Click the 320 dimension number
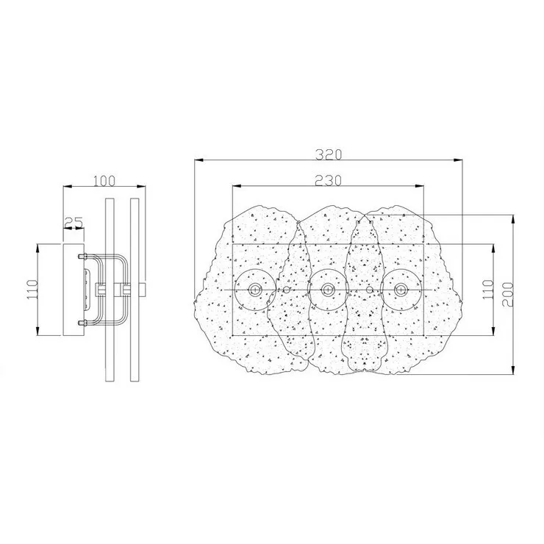click(329, 154)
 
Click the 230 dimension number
click(328, 180)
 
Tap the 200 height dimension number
click(508, 294)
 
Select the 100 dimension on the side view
click(104, 181)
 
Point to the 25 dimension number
click(74, 222)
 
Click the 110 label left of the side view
click(32, 290)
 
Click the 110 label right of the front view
click(488, 290)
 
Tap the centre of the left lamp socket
click(255, 290)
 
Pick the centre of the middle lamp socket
click(328, 290)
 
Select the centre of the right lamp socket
click(401, 290)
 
